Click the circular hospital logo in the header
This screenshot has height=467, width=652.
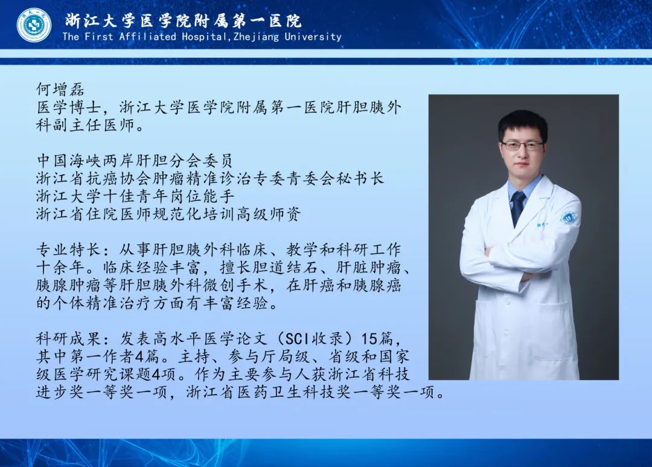[34, 25]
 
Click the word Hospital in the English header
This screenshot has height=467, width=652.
[204, 37]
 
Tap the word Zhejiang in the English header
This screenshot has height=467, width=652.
[256, 37]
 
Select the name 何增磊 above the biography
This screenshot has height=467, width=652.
[60, 89]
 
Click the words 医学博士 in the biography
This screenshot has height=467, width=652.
[69, 107]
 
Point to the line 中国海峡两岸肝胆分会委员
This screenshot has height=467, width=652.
[134, 160]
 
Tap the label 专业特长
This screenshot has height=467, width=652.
[69, 249]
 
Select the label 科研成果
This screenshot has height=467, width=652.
[69, 338]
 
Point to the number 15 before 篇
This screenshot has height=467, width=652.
[369, 339]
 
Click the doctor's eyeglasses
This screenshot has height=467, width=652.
[522, 145]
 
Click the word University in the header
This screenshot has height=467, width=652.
[313, 37]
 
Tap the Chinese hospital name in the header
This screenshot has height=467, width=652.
[183, 21]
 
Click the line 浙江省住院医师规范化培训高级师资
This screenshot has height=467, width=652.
[168, 214]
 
